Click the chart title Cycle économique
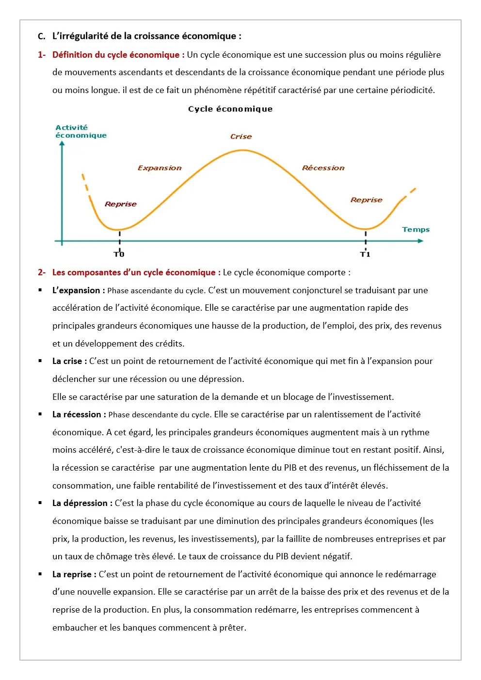[230, 109]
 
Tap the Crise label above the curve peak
[241, 137]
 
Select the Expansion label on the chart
[160, 168]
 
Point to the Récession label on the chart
[323, 168]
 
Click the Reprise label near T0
[121, 204]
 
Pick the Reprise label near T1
[367, 200]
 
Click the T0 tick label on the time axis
[119, 254]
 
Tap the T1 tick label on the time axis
[365, 254]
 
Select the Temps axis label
[416, 230]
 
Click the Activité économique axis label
[80, 131]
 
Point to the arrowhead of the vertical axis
[62, 143]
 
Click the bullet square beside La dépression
[40, 503]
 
